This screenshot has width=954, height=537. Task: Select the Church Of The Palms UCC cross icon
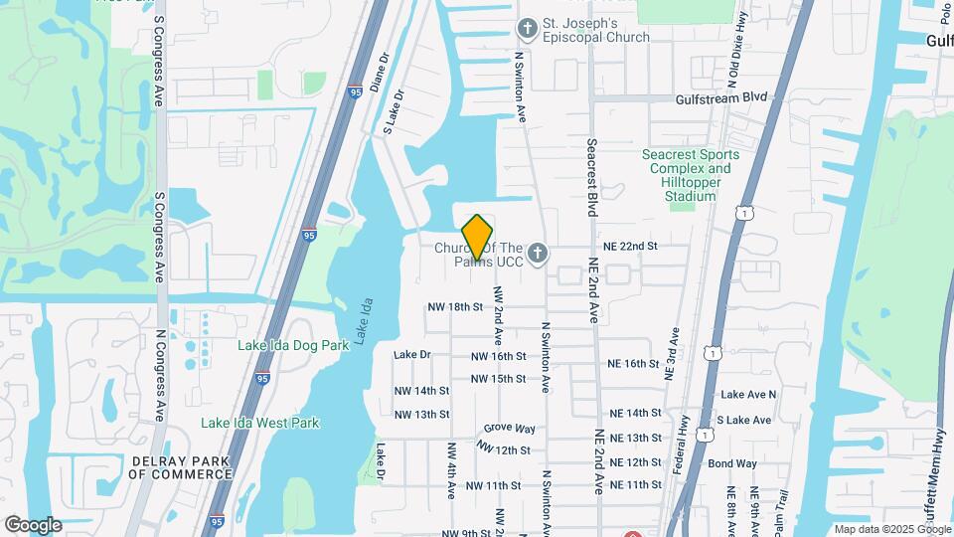538,254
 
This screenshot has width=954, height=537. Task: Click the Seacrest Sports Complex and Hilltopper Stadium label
691,175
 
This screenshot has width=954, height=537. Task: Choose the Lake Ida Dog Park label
293,346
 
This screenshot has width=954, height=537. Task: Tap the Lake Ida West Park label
260,423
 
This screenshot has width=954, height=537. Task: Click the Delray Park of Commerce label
179,467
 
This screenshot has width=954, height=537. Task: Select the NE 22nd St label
630,246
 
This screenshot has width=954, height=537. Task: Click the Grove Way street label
510,429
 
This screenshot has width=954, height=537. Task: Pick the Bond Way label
732,463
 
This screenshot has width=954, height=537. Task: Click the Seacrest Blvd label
591,177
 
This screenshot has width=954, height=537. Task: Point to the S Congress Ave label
158,55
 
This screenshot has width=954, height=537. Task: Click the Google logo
33,525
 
